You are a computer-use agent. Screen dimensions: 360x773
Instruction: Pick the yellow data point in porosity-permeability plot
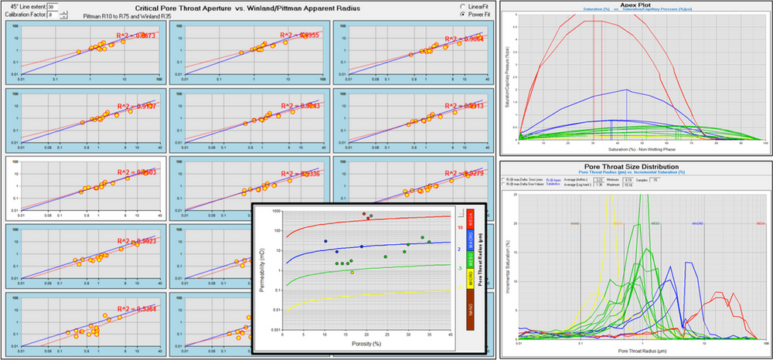[353, 272]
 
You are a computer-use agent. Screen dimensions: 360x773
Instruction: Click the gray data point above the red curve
[372, 216]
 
